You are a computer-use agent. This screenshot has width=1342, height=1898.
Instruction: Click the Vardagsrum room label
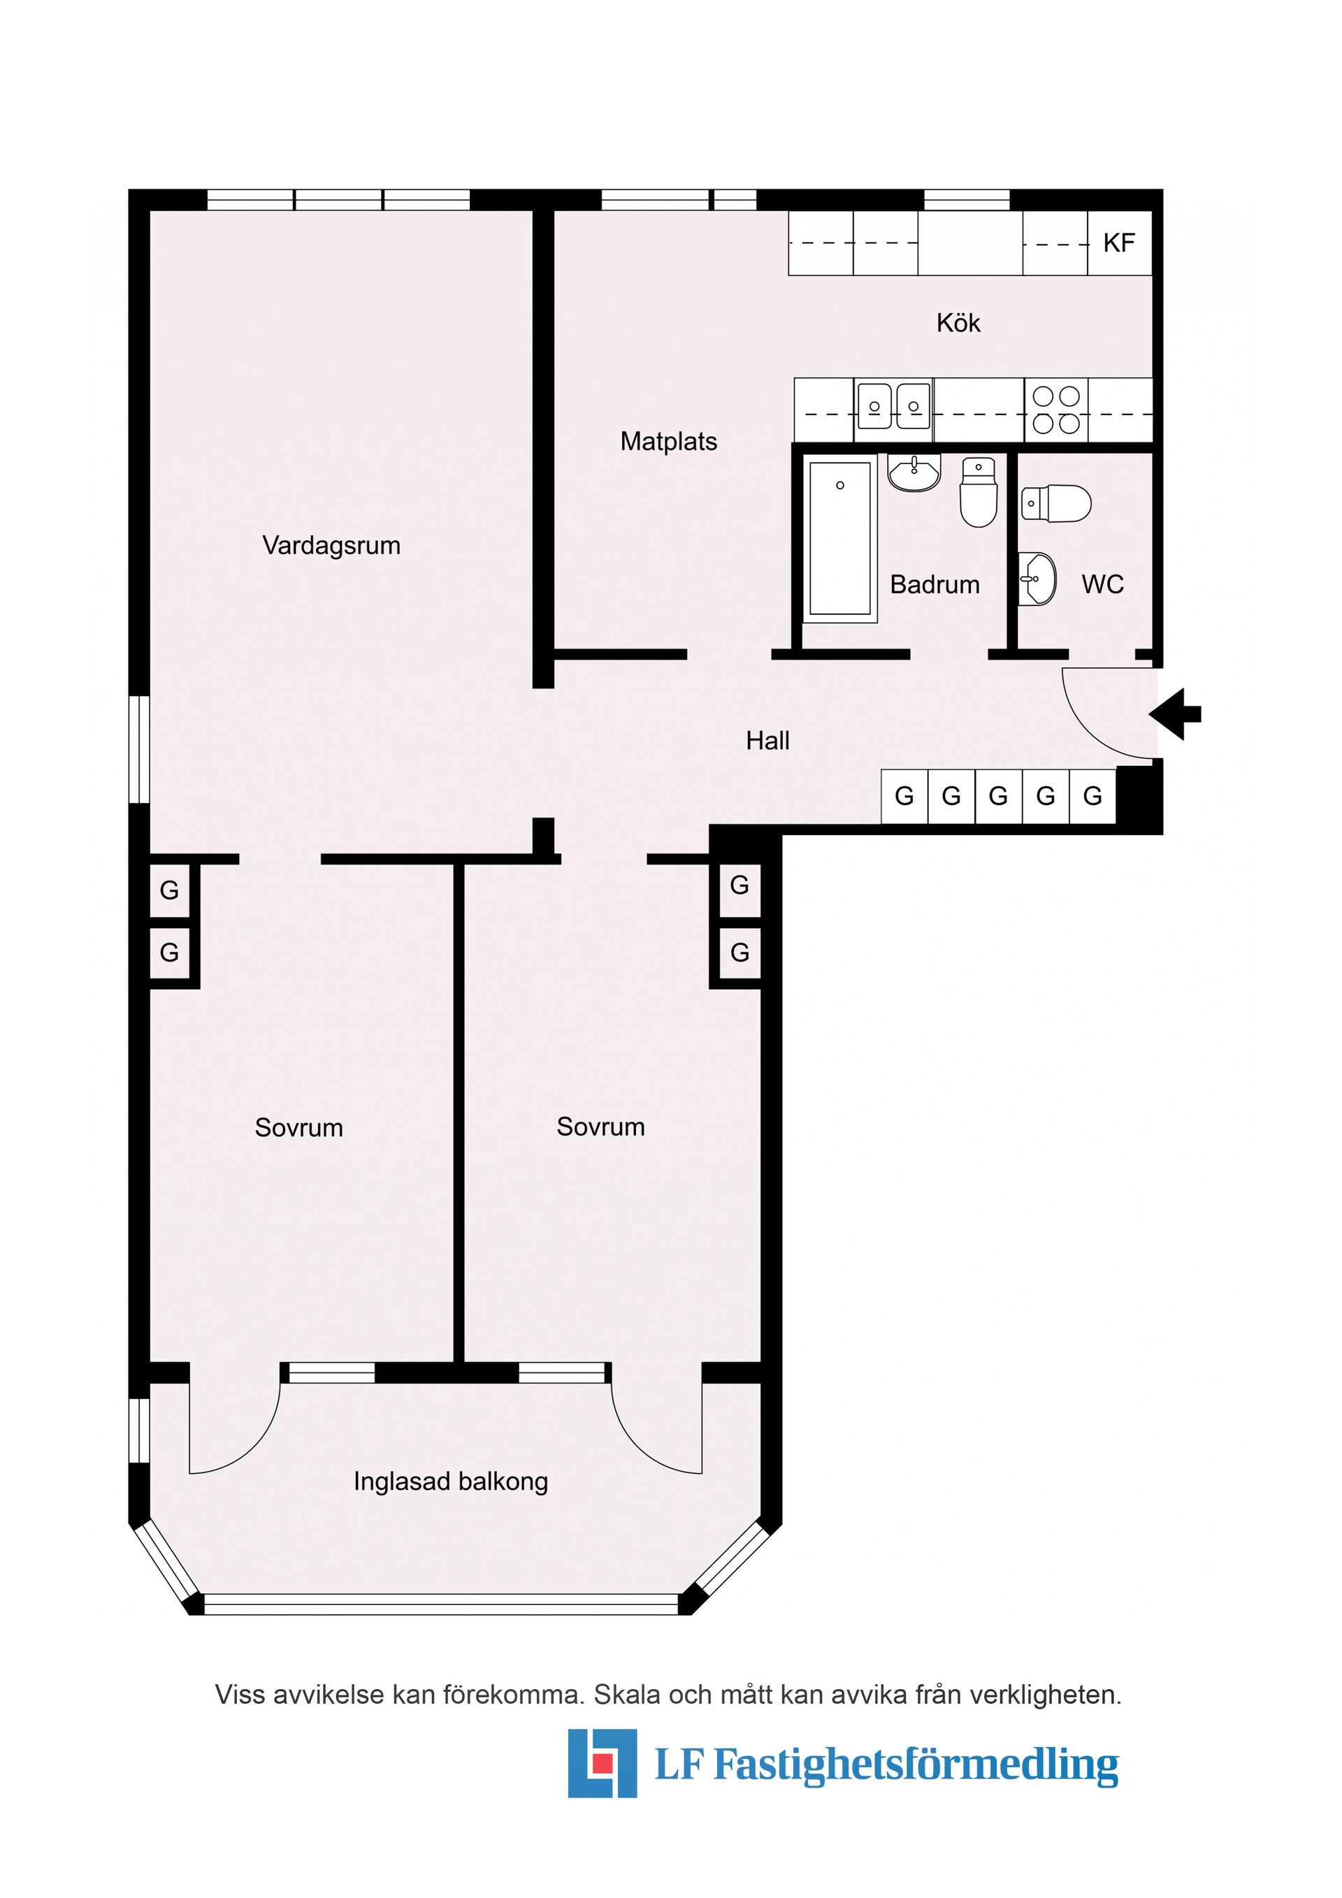pos(331,546)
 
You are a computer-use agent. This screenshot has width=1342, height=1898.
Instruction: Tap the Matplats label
pos(669,442)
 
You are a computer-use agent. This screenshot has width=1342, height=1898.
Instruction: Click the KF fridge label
pos(1119,243)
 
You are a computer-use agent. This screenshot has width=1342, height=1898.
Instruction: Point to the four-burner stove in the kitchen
pos(1057,410)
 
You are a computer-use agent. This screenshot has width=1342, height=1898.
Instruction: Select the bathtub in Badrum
pos(840,537)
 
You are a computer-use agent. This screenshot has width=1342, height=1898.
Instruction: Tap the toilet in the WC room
pos(1056,503)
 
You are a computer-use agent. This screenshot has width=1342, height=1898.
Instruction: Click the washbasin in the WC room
pos(1037,579)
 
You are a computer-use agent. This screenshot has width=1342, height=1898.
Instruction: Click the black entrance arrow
pos(1175,714)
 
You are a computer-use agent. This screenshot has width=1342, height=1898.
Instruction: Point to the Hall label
pos(767,741)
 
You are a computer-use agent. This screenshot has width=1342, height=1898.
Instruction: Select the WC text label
pos(1102,584)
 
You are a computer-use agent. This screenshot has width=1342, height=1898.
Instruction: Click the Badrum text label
pos(935,584)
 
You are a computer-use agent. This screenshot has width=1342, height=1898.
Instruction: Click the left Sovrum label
pos(298,1128)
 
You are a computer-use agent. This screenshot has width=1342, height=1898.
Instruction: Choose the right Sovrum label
pos(600,1127)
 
